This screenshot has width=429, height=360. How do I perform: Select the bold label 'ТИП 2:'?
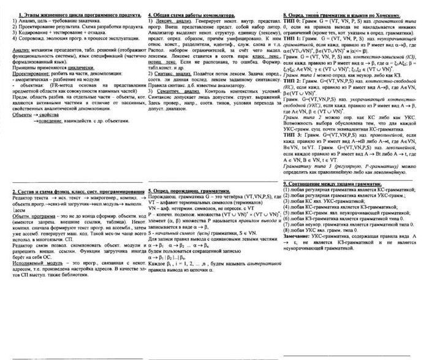[294, 80]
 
